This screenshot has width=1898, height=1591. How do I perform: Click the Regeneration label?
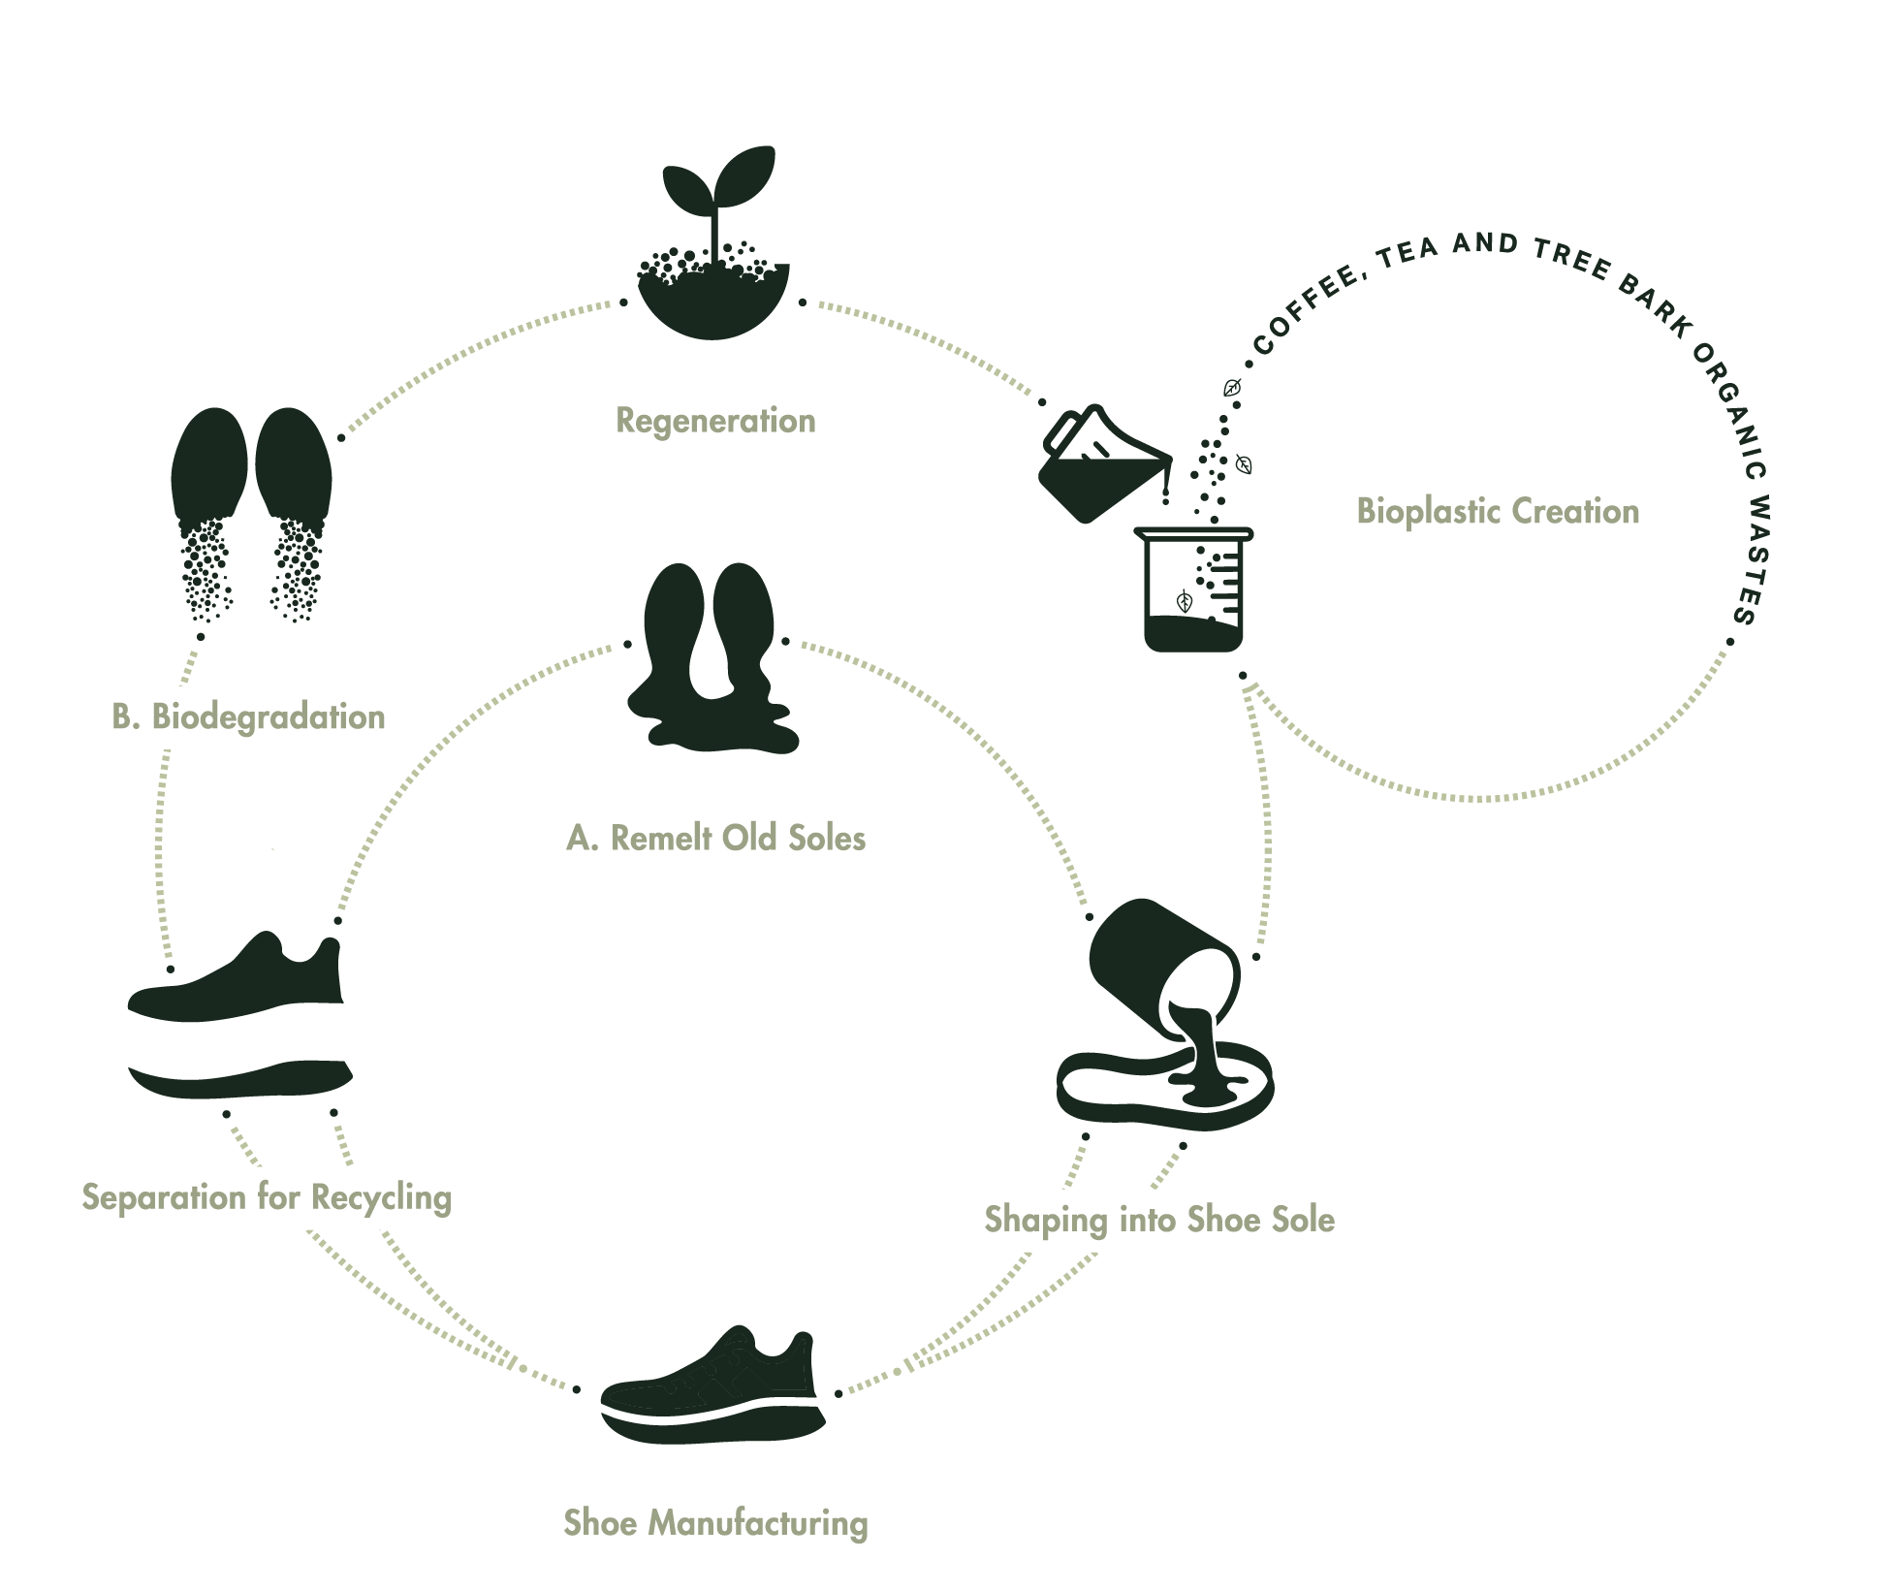(x=715, y=421)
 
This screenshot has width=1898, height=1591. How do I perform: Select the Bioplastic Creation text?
(x=1497, y=511)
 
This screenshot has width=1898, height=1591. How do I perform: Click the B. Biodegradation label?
(x=249, y=717)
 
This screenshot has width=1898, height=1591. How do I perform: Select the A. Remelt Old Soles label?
(x=715, y=838)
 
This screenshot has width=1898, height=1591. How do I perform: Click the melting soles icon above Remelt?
(x=711, y=659)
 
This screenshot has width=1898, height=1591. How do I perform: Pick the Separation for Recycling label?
(x=267, y=1197)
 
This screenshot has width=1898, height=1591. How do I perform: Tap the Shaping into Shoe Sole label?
(x=1160, y=1220)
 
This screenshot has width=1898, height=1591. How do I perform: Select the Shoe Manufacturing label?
(x=715, y=1522)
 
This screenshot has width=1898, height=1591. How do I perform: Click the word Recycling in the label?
(x=381, y=1197)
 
